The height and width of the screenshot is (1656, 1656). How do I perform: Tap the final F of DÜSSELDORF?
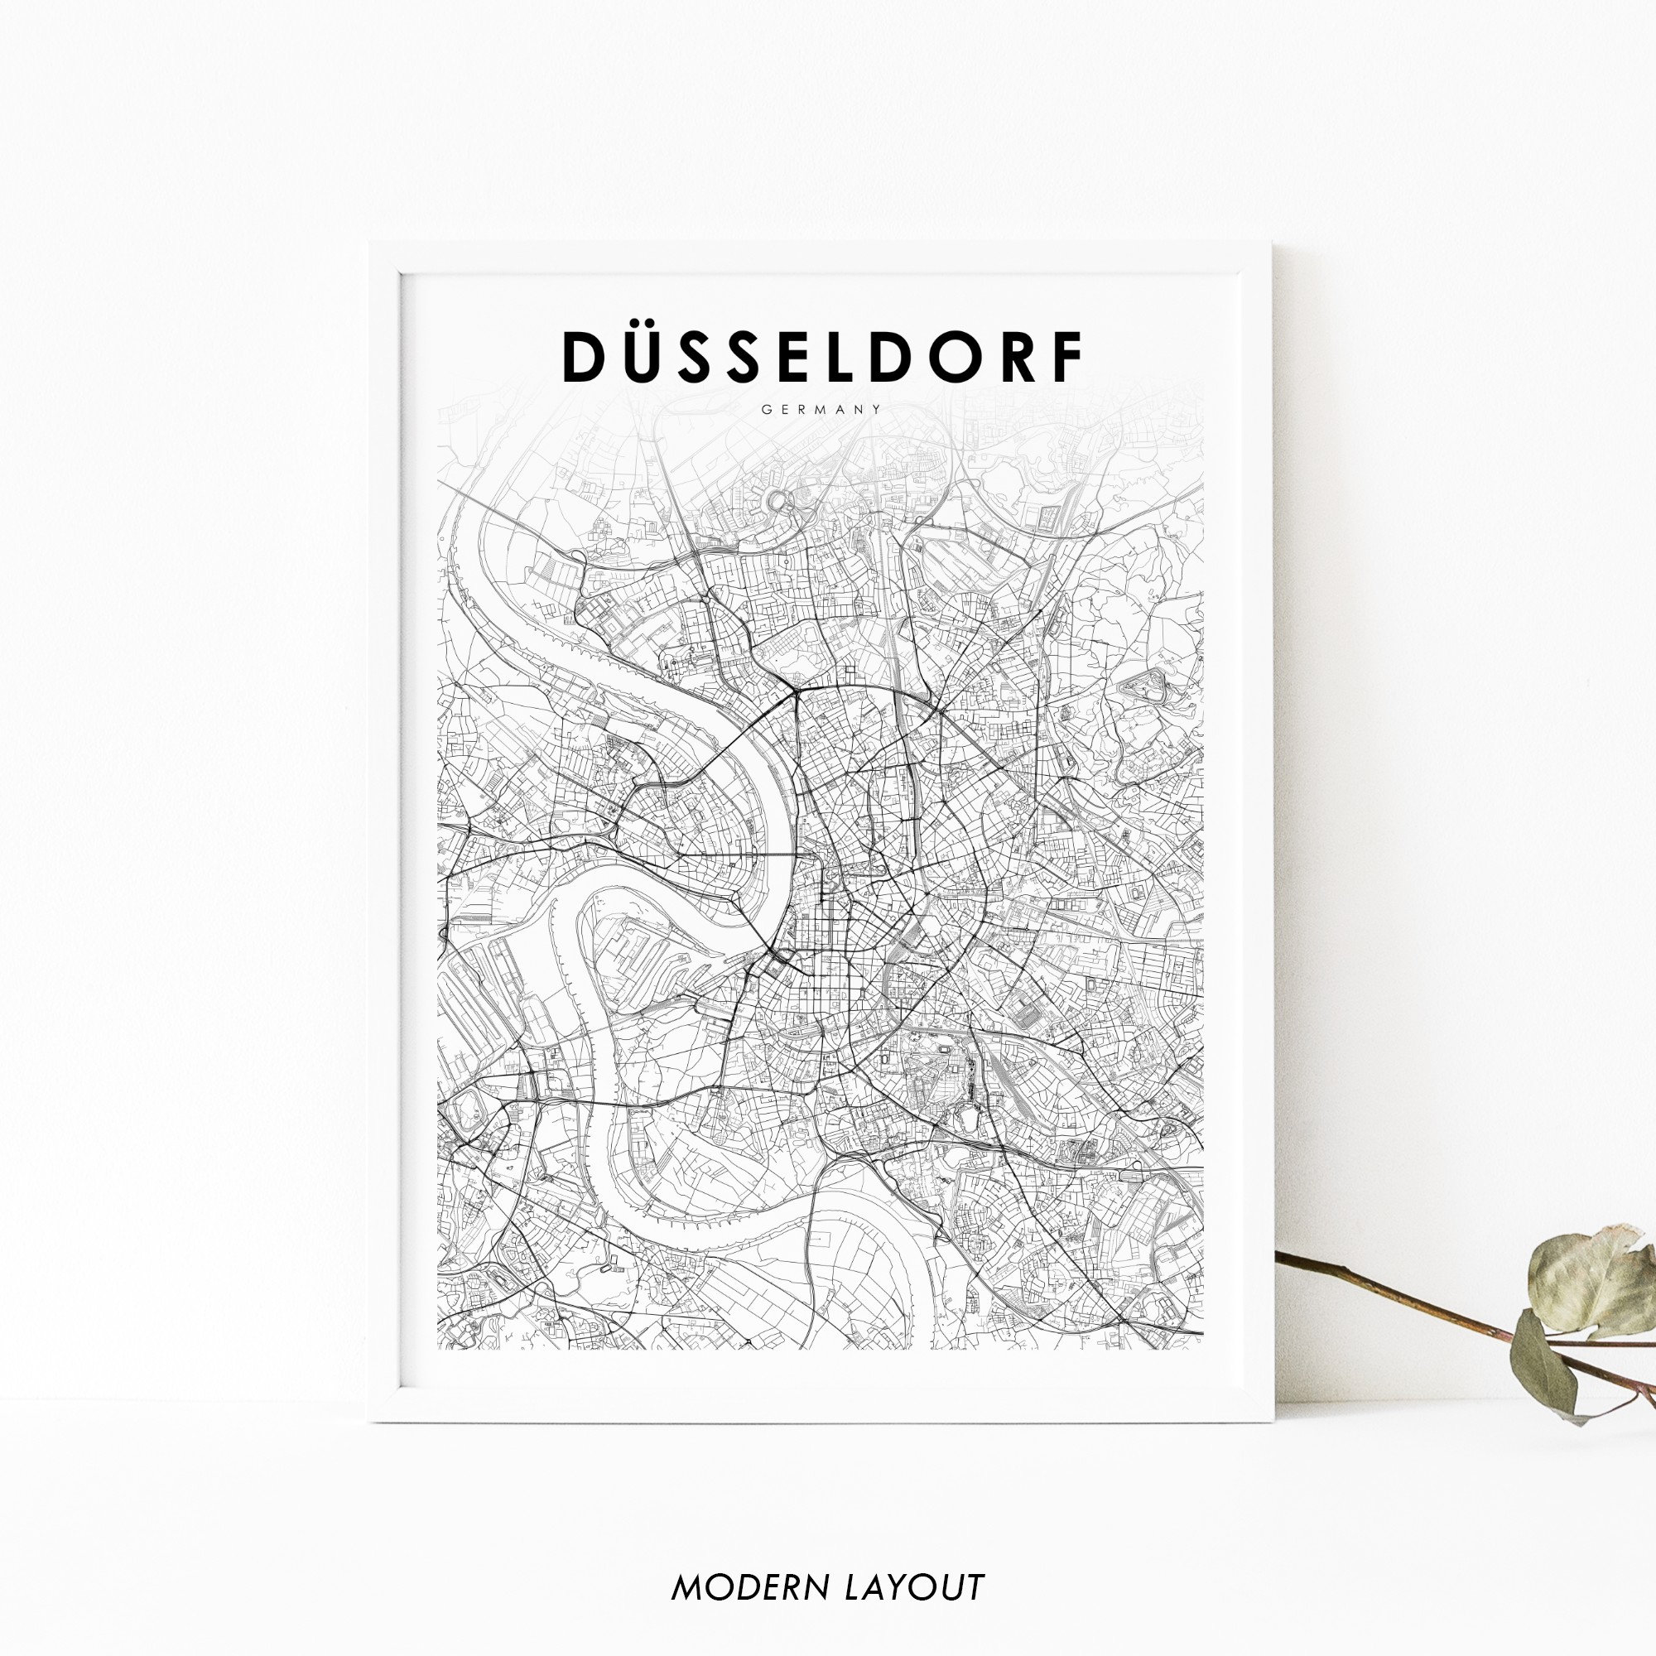click(1067, 357)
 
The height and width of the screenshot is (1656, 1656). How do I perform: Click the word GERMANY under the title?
click(821, 410)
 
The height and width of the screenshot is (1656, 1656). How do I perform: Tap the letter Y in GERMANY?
click(877, 410)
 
